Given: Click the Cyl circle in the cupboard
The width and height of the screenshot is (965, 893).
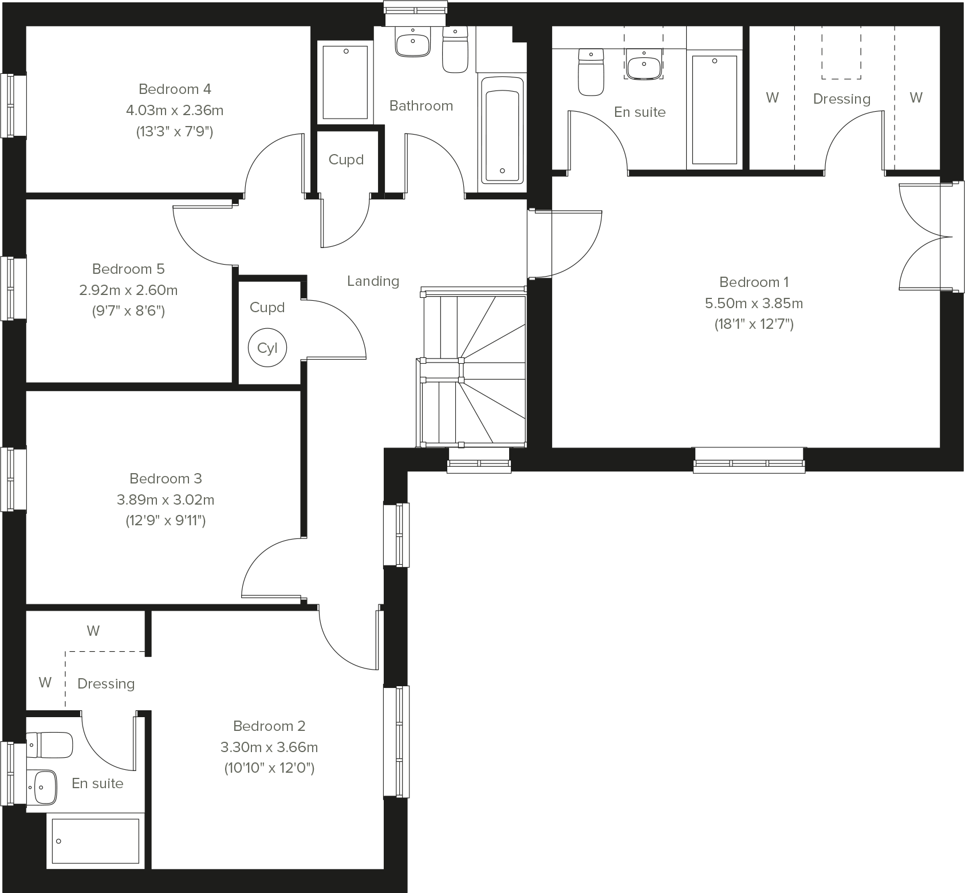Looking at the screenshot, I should coord(267,348).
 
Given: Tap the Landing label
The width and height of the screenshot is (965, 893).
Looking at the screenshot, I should coord(373,281).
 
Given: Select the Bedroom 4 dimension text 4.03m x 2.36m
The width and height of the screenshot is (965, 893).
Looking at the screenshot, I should coord(175,110).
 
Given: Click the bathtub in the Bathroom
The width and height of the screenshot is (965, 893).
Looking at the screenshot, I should coord(502,130).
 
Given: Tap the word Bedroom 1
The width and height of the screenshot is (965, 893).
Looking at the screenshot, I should coord(754,282).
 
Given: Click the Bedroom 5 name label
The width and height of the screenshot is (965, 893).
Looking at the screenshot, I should coord(128,269).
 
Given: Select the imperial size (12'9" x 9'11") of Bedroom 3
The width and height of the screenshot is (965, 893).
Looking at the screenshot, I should coord(166,521).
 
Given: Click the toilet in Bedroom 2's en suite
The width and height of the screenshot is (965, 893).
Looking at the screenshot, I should coord(50,745).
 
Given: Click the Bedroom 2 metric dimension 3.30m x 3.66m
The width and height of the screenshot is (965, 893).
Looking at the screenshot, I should coord(269,747).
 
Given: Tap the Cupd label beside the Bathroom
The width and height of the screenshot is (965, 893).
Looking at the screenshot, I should coord(346,159).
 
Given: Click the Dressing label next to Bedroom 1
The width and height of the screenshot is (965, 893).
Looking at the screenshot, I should coord(841,99).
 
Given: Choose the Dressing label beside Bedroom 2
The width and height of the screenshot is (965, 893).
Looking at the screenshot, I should coord(106,683).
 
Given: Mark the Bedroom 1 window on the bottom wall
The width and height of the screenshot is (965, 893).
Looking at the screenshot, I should coord(749,461).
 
